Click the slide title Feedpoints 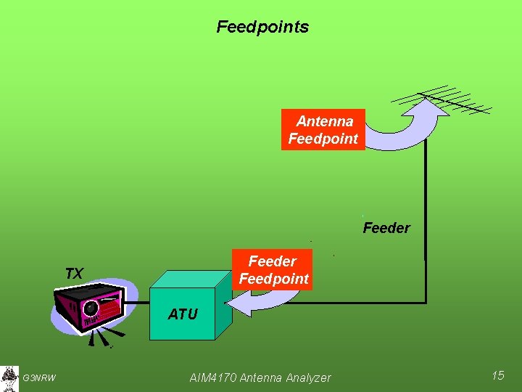pos(262,27)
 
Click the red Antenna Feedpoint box pos(323,130)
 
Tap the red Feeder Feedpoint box pos(273,270)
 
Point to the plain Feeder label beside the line pos(386,228)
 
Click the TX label pos(73,274)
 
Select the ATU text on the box pos(182,314)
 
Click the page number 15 pos(497,375)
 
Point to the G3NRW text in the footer pos(39,377)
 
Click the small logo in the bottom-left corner pos(9,377)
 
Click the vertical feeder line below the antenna pos(426,218)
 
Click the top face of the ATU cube pos(190,279)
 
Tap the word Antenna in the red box pos(324,121)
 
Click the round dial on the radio pos(91,307)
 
